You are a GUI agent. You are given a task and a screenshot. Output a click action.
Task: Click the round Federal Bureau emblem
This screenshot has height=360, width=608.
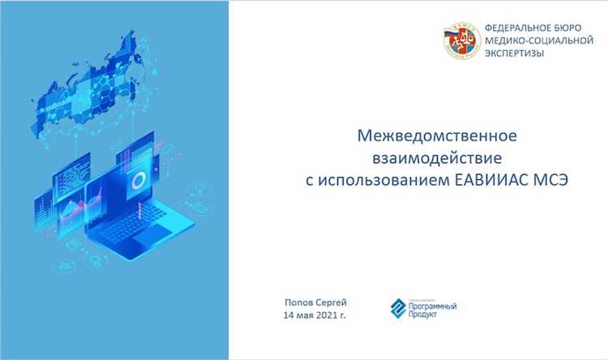tap(460, 39)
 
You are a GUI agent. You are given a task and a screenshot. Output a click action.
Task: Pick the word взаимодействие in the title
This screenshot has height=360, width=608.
tap(437, 155)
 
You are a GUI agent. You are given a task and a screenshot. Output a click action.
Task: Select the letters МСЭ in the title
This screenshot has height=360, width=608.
tap(549, 178)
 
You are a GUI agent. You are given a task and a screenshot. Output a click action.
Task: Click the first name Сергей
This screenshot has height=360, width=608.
tap(332, 301)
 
